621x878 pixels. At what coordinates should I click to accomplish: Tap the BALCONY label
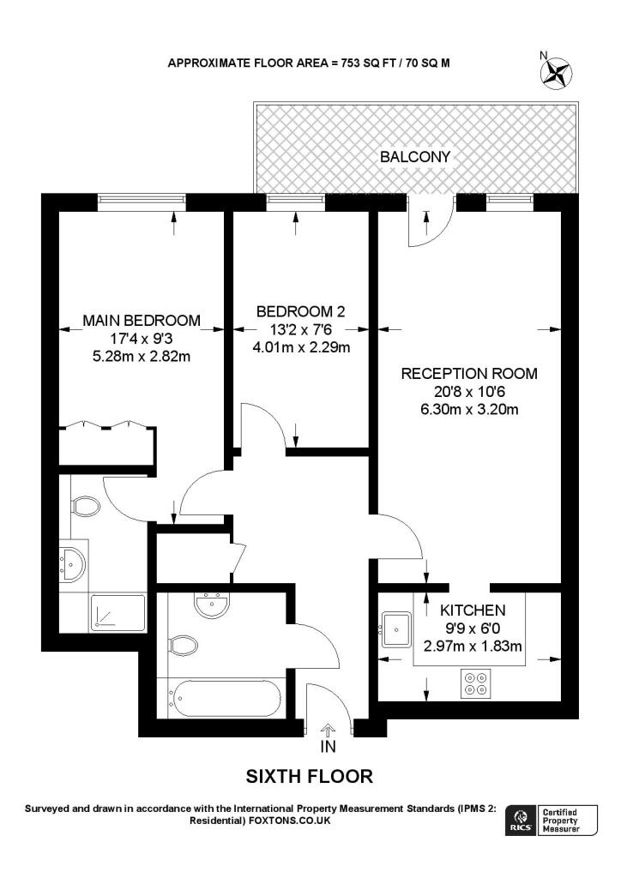[415, 157]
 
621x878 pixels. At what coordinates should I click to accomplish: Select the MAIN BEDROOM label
[142, 321]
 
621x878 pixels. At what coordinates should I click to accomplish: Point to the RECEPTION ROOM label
[469, 374]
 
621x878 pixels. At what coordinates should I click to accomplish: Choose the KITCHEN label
[472, 610]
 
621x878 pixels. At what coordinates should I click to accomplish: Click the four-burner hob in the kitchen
[476, 683]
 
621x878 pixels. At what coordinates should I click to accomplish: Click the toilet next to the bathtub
[183, 643]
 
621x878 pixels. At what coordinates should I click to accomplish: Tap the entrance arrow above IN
[329, 729]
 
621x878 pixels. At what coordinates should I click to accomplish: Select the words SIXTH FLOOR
[310, 777]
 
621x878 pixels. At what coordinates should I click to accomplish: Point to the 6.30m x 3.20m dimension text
[469, 409]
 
